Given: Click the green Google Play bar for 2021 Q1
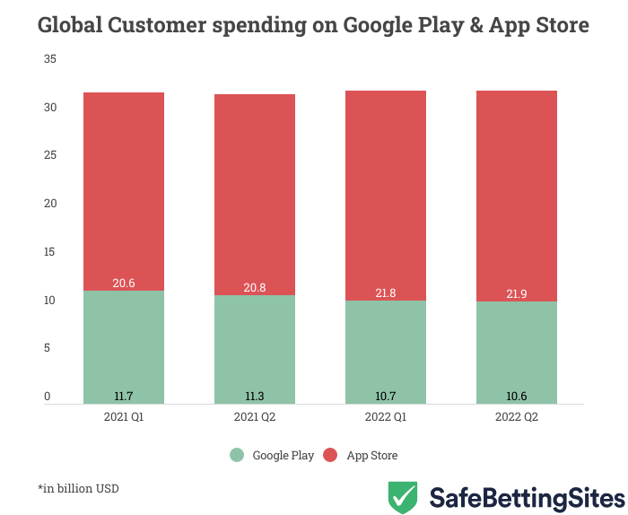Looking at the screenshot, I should tap(124, 345).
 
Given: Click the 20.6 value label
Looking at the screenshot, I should tap(124, 283).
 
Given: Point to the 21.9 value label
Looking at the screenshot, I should tap(517, 293).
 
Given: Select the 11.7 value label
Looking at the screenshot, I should tap(124, 396).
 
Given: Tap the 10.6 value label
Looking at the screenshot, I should tap(517, 396).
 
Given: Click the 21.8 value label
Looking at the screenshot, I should tap(386, 292).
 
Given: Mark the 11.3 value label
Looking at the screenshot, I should tap(255, 396).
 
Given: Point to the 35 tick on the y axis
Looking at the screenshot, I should tap(50, 59).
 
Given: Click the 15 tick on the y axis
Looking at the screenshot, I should tap(50, 252).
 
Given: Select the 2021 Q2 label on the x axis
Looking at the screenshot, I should tap(255, 418).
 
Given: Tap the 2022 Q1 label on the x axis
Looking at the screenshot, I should tap(386, 418).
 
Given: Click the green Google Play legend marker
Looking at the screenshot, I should tap(237, 455).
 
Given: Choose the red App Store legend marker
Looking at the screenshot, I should tap(330, 455).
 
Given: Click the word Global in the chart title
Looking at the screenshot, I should tap(69, 25).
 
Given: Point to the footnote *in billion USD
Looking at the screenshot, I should tap(78, 489).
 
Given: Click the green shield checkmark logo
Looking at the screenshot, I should tap(402, 496).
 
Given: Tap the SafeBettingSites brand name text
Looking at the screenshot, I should tap(527, 497).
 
